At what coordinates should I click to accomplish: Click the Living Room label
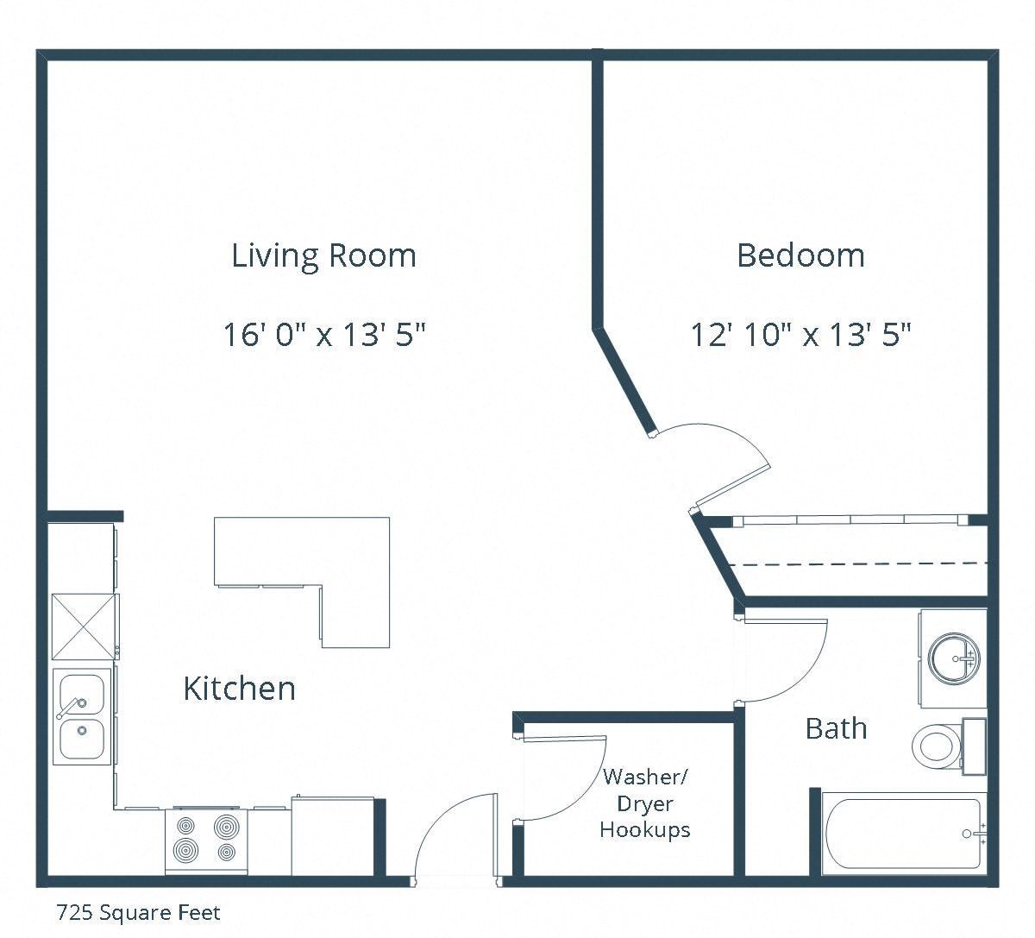pyautogui.click(x=323, y=255)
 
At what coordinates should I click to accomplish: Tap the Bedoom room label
pyautogui.click(x=800, y=255)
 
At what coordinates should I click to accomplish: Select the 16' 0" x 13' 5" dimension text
pyautogui.click(x=324, y=334)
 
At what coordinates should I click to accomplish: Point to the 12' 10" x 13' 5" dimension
pyautogui.click(x=800, y=334)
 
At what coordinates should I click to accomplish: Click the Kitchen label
pyautogui.click(x=239, y=689)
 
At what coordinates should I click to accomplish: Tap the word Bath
pyautogui.click(x=836, y=728)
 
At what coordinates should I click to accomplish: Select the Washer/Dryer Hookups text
pyautogui.click(x=645, y=803)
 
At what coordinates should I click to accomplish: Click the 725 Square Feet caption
pyautogui.click(x=138, y=913)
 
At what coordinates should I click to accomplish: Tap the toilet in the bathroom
pyautogui.click(x=938, y=745)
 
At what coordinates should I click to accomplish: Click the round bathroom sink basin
pyautogui.click(x=955, y=658)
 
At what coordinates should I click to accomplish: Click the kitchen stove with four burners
pyautogui.click(x=206, y=837)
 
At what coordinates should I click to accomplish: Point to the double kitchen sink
pyautogui.click(x=82, y=715)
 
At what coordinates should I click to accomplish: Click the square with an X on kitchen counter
pyautogui.click(x=84, y=626)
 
